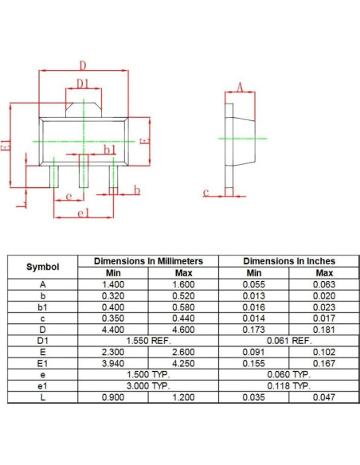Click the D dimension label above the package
click(84, 65)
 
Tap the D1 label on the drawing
click(83, 84)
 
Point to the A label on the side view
click(240, 88)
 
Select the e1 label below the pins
click(83, 213)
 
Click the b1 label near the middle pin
click(110, 150)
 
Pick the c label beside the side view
click(206, 192)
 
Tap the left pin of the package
click(54, 177)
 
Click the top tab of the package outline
click(84, 110)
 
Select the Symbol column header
click(43, 267)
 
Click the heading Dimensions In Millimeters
click(148, 261)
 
